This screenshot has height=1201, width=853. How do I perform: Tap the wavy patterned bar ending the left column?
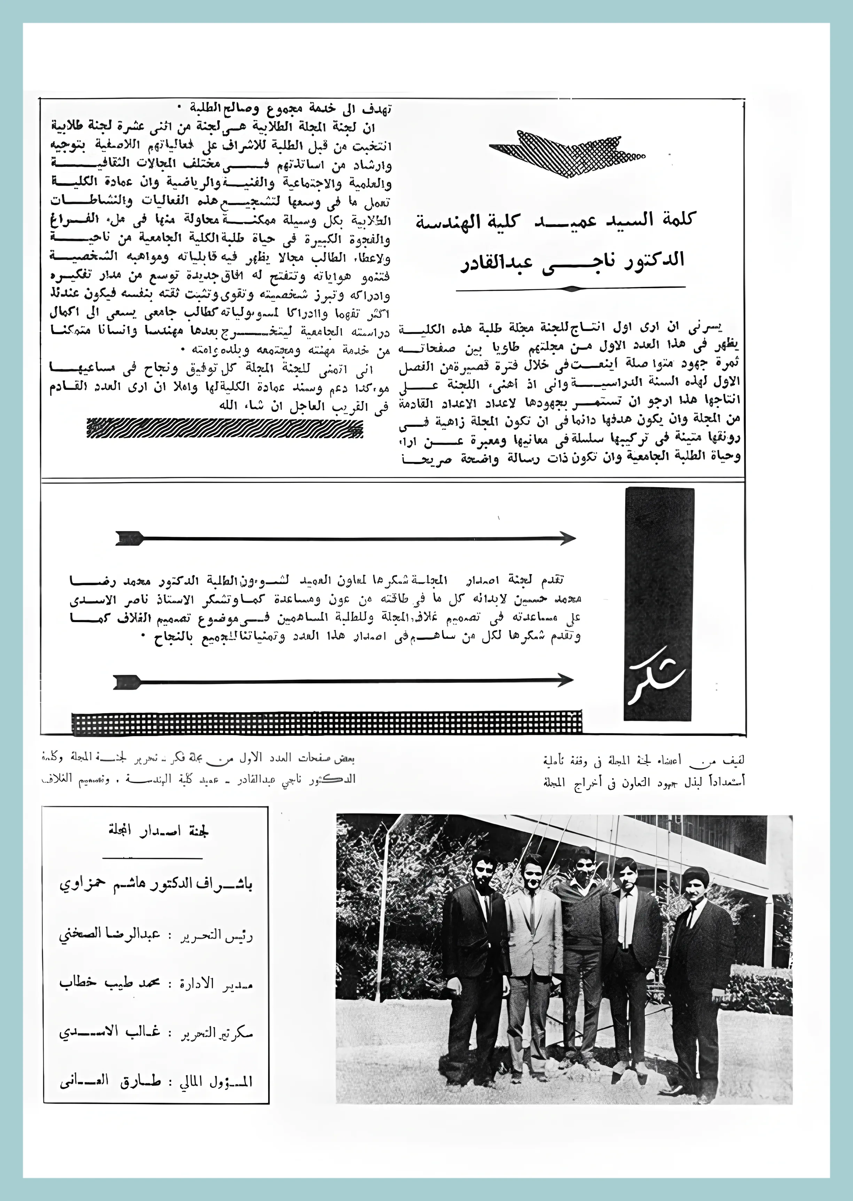click(x=225, y=428)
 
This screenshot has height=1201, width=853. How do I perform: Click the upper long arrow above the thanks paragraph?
click(x=347, y=538)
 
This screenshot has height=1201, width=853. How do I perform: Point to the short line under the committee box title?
click(x=152, y=857)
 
